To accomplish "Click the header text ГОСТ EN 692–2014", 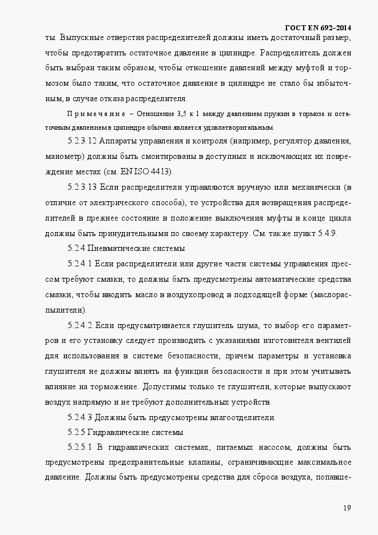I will click(319, 28).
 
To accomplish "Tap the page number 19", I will click(347, 508).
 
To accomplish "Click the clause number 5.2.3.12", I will click(85, 141).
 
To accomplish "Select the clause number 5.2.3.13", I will click(85, 187).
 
